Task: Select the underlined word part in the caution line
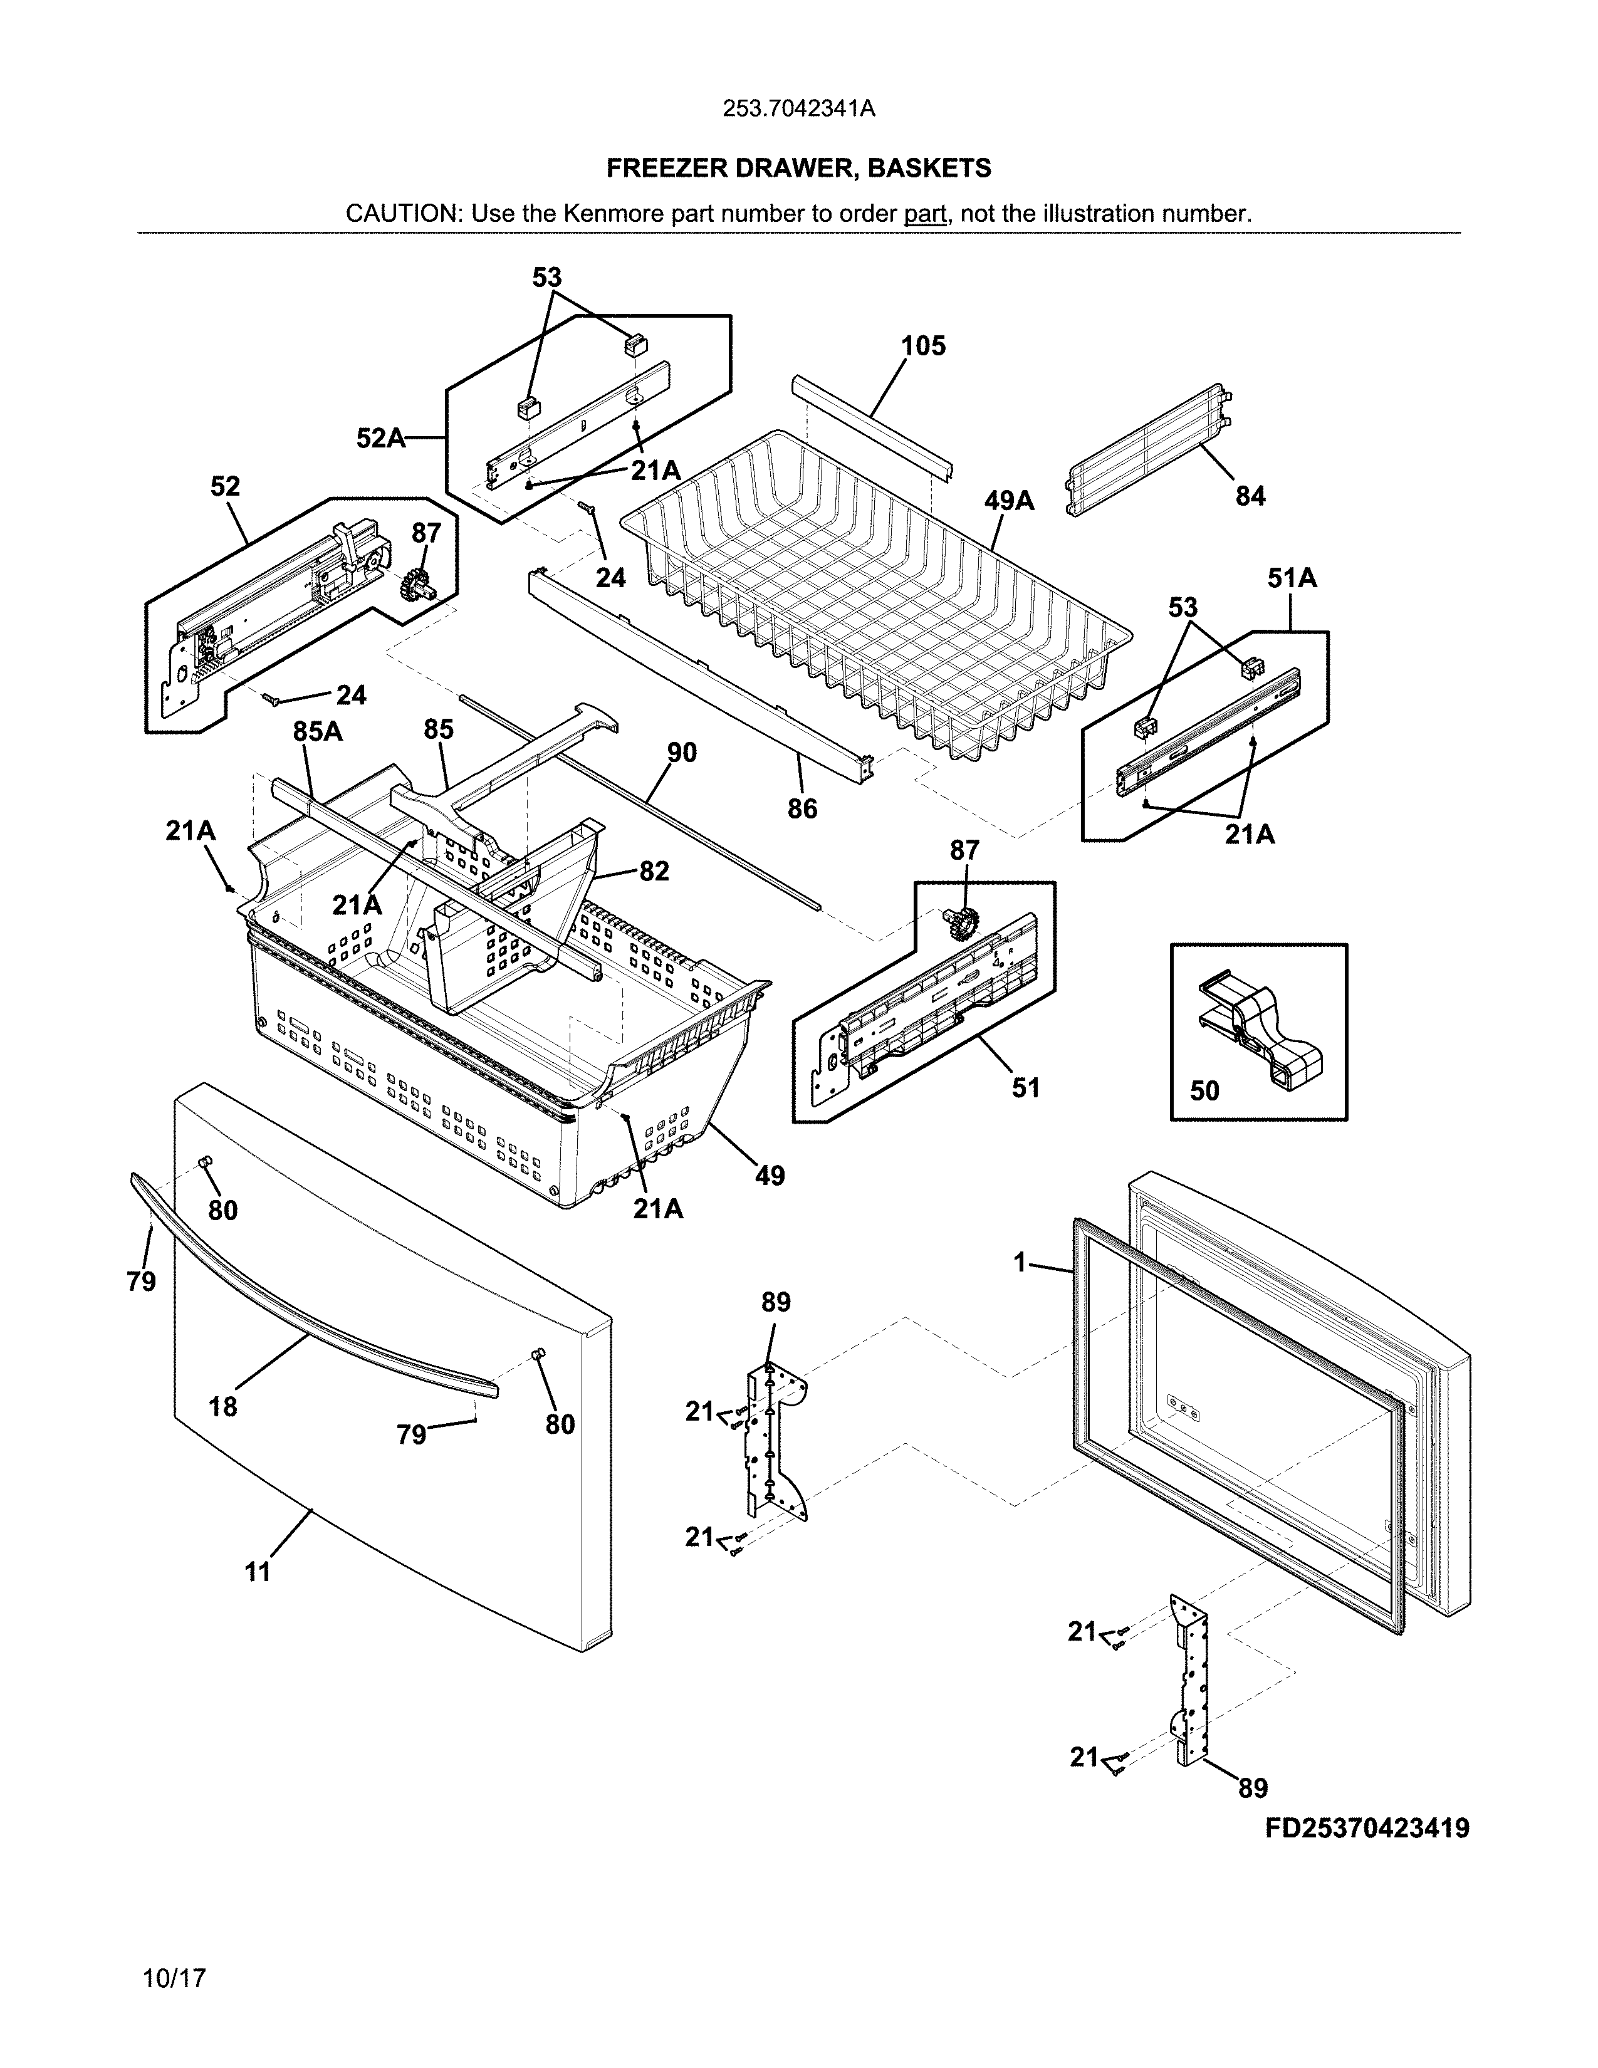(x=925, y=214)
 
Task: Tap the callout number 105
(x=923, y=347)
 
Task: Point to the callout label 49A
(x=1008, y=501)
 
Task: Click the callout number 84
(x=1250, y=496)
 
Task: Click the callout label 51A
(x=1292, y=578)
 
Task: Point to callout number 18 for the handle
(x=222, y=1407)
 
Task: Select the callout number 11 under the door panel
(x=258, y=1573)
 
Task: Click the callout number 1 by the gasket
(x=1020, y=1262)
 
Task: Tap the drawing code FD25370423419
(x=1367, y=1829)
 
